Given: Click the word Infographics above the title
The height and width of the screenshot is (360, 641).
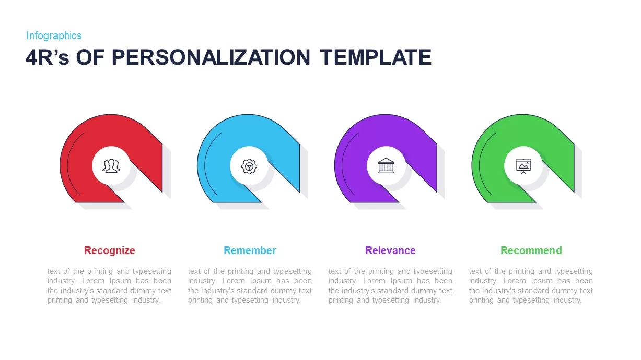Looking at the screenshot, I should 54,35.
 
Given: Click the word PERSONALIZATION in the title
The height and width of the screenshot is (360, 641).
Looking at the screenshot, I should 211,57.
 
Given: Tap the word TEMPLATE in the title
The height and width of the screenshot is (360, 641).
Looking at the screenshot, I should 376,57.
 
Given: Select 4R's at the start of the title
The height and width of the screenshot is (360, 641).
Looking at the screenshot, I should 48,57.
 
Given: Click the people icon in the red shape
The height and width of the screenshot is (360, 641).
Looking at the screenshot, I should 111,166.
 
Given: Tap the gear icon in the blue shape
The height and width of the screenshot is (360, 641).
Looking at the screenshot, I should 249,166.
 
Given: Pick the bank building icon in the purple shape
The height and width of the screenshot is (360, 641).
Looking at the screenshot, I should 386,166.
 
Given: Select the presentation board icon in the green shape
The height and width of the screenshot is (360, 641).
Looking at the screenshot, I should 523,166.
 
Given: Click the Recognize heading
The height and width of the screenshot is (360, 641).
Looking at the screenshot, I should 110,250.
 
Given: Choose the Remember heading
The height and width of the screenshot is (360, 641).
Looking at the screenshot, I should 250,250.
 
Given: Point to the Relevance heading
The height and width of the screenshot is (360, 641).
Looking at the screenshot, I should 390,250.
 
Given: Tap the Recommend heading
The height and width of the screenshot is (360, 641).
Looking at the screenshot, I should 531,250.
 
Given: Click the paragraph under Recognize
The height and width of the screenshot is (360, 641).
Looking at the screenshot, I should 109,286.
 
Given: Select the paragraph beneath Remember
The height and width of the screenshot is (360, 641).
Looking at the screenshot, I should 250,286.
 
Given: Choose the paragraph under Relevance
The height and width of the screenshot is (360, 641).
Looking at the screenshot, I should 390,286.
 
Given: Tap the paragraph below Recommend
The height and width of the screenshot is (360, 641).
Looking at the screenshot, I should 531,286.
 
